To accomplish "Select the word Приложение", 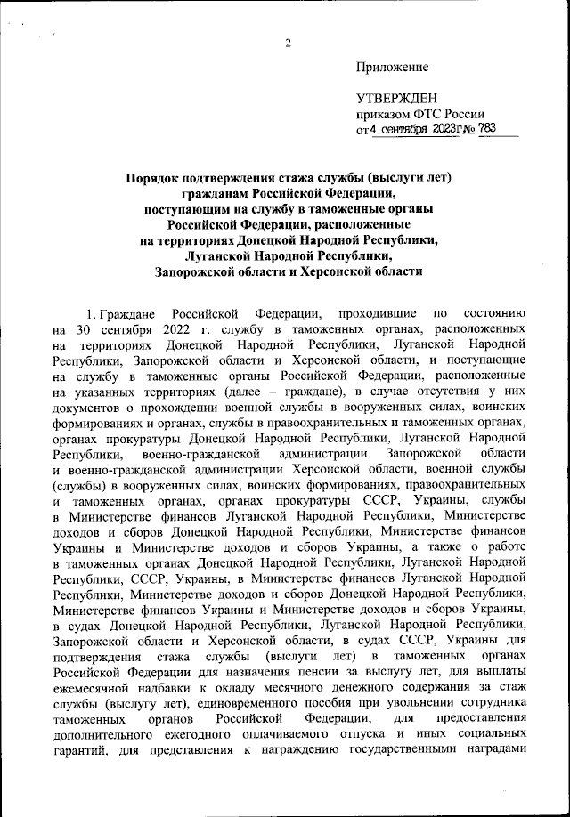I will point(392,67).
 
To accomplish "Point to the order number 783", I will point(489,131).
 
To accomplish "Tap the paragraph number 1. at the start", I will point(91,316).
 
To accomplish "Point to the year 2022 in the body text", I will point(178,331).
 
